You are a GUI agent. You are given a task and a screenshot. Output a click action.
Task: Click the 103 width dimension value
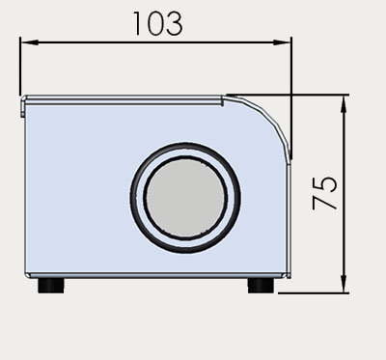157,23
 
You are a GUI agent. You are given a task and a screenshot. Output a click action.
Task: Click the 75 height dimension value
324,193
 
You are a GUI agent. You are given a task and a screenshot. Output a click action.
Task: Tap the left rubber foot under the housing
51,286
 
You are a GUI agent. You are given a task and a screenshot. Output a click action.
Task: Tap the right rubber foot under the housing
261,286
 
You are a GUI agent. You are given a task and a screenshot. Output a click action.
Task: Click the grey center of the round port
185,198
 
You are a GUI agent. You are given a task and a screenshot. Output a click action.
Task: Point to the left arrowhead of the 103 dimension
29,42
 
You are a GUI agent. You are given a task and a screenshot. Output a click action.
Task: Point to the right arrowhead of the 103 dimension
282,42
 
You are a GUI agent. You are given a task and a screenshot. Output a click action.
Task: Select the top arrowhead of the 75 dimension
344,103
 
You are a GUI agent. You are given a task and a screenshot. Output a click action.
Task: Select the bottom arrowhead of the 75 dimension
344,284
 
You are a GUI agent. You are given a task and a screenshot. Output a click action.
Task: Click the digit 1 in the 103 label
137,23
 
